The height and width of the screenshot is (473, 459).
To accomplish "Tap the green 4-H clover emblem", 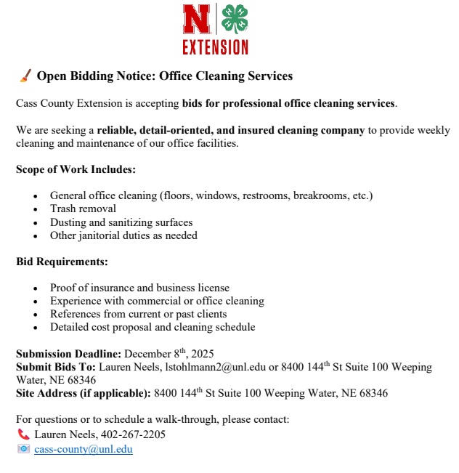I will pos(234,20).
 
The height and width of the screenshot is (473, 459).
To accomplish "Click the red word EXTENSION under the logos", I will pos(215,47).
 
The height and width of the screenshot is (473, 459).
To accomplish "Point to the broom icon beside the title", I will pos(24,76).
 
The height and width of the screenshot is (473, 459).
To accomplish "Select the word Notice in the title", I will pos(136,76).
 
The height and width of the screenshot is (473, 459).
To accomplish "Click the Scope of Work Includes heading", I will pos(76,170).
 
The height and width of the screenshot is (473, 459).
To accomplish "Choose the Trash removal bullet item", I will pos(83,209).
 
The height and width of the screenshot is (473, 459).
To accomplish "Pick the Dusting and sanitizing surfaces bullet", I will pos(121,222).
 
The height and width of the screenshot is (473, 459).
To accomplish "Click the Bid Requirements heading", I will pos(62,262).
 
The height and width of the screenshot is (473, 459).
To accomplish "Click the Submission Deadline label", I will pos(68,354).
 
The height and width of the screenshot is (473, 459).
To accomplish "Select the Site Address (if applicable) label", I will pos(84,394).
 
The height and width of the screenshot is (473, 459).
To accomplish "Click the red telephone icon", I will pos(23,434).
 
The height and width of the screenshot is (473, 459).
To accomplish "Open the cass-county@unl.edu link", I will pos(84,449).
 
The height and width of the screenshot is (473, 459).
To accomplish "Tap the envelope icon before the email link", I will pos(24,449).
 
